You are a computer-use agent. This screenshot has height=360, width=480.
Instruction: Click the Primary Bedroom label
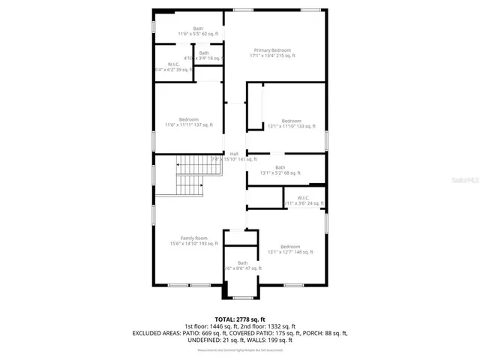(x=272, y=49)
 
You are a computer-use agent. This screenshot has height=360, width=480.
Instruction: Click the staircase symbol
(x=190, y=176)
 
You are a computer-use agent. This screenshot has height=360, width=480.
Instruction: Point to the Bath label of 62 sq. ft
(x=198, y=28)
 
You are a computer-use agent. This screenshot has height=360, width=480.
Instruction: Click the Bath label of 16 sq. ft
(x=204, y=52)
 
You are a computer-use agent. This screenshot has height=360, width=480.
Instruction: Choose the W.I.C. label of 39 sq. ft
(x=173, y=64)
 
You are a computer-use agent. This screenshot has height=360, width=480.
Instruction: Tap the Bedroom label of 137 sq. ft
(x=189, y=119)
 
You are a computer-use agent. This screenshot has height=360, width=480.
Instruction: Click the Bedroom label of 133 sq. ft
(x=291, y=121)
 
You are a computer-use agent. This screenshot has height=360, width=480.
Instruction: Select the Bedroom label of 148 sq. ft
(x=291, y=247)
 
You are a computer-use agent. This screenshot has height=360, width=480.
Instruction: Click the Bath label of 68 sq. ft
(x=280, y=167)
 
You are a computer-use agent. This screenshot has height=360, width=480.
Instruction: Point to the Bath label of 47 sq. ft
(x=242, y=262)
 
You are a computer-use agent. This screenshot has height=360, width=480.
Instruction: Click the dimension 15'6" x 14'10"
(x=193, y=244)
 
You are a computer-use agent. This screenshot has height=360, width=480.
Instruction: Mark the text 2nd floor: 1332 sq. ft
(x=274, y=326)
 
